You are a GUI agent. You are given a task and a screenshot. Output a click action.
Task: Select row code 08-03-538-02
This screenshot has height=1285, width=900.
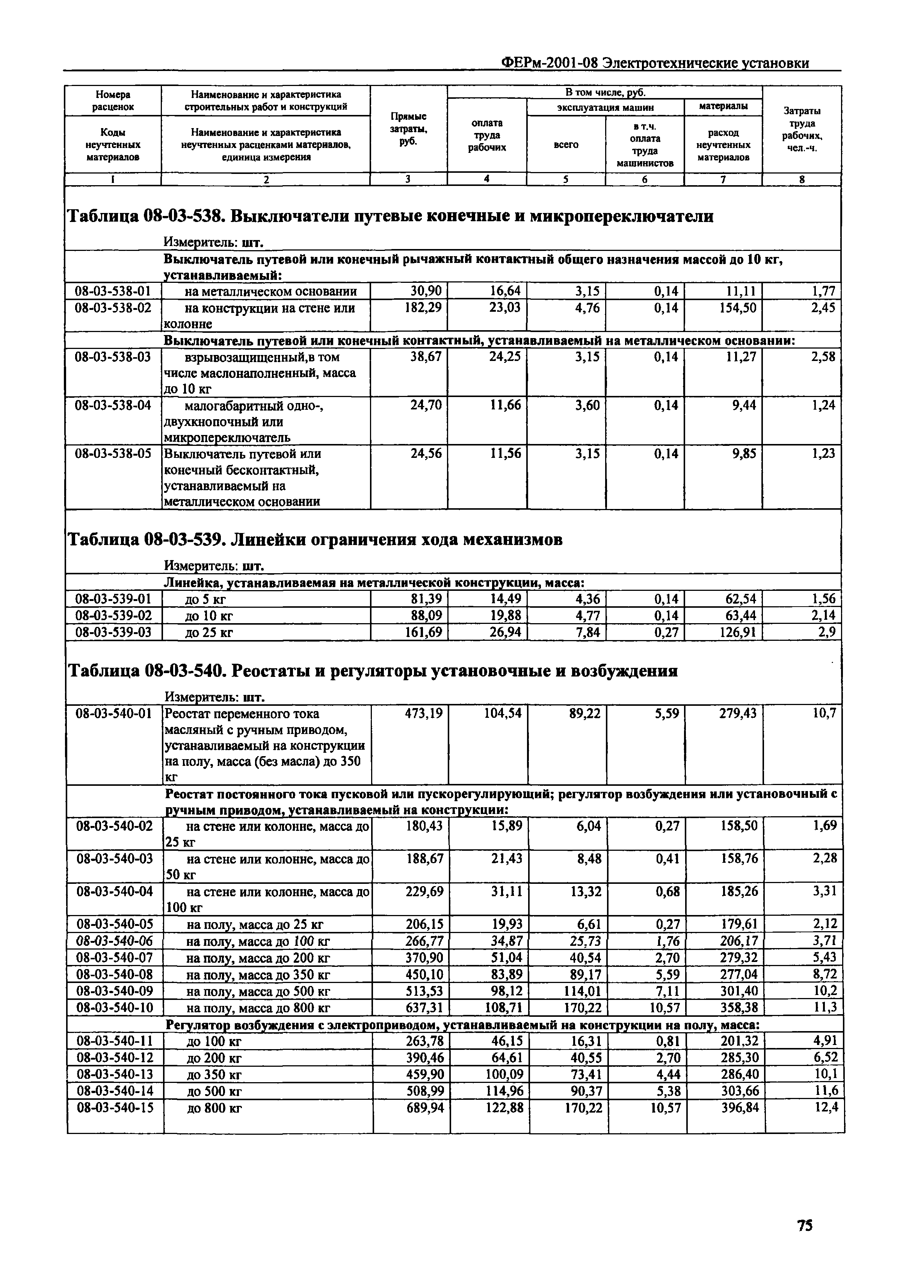point(113,307)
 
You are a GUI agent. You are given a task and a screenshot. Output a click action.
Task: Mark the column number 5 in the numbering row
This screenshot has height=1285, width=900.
point(566,179)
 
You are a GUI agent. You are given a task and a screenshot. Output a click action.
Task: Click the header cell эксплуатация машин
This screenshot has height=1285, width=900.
point(605,107)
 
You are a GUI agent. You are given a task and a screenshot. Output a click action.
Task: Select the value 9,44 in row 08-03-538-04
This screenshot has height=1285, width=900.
point(744,405)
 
